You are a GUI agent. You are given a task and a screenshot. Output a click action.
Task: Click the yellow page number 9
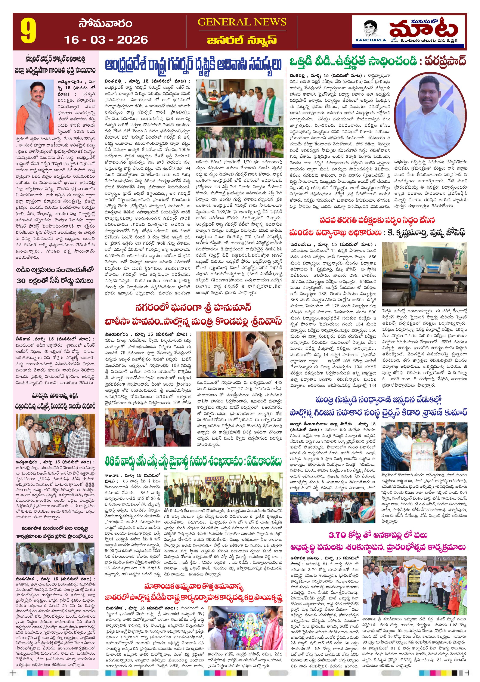click(x=28, y=31)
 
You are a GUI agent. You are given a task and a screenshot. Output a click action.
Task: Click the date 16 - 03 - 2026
click(x=106, y=40)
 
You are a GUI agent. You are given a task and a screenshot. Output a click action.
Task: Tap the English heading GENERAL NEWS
click(x=242, y=22)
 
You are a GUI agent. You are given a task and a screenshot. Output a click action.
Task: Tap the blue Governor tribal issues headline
click(x=193, y=65)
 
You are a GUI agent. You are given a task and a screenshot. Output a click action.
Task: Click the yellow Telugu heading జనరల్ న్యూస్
click(x=242, y=40)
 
